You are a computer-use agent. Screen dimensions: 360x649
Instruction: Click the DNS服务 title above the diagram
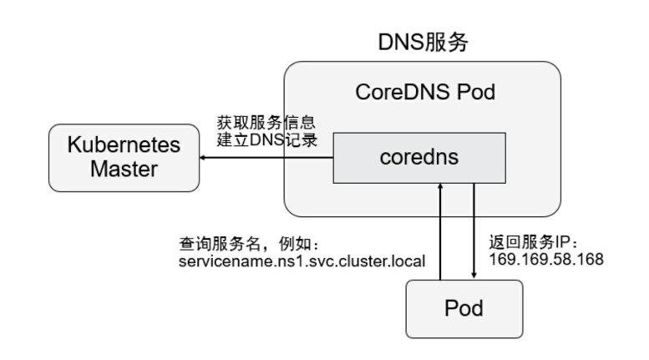tap(423, 42)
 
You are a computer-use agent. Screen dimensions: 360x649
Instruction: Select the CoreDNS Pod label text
tap(425, 92)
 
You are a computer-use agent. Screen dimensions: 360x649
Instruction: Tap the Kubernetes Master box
tap(124, 157)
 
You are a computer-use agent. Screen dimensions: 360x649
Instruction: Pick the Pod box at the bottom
tap(464, 308)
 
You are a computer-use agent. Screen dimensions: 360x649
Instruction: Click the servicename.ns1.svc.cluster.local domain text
tap(302, 261)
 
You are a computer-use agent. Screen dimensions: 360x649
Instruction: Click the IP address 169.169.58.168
tap(545, 260)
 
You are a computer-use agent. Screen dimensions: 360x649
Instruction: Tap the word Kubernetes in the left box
tap(124, 145)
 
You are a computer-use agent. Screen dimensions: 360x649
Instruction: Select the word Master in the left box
tap(124, 170)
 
